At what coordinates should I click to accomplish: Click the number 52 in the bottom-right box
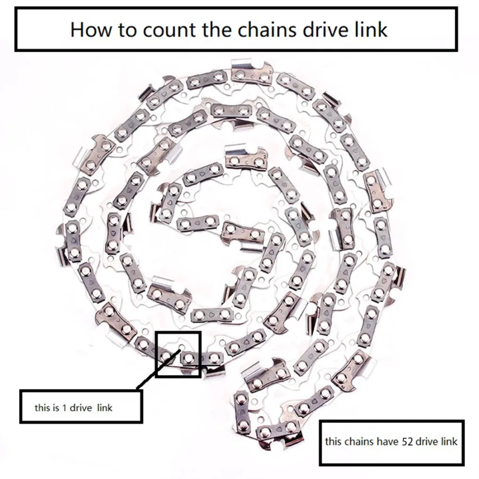407,442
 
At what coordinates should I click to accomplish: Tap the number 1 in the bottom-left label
64,408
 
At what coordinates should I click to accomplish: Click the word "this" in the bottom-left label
41,408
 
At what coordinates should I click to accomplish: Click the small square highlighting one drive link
178,332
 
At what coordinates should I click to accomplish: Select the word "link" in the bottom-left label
105,408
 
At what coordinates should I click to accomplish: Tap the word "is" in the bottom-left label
54,408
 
